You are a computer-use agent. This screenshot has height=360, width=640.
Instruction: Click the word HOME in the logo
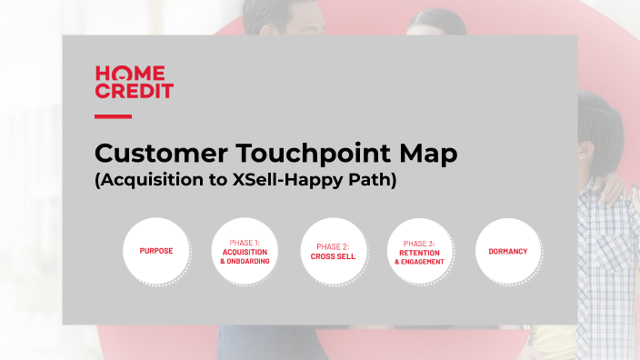[130, 73]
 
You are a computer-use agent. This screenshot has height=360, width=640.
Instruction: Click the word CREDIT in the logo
[134, 91]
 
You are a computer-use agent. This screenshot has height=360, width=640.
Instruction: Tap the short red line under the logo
[113, 116]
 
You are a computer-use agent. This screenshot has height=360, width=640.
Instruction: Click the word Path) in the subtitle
[373, 180]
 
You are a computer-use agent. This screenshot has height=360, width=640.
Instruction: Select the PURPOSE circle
[156, 251]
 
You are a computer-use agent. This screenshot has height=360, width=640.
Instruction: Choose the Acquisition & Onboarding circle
[245, 251]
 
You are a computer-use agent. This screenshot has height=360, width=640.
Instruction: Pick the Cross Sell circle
[333, 251]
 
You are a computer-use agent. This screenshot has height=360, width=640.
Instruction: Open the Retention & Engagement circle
[419, 251]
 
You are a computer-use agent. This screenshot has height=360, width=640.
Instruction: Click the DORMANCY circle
[507, 251]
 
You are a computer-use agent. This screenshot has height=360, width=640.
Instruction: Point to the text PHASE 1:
[245, 243]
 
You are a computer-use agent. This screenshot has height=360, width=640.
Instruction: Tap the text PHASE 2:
[333, 246]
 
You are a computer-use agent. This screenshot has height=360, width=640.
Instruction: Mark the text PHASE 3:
[419, 243]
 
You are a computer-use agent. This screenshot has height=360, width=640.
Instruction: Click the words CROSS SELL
[333, 256]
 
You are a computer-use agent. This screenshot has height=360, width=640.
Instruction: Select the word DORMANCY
[507, 251]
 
